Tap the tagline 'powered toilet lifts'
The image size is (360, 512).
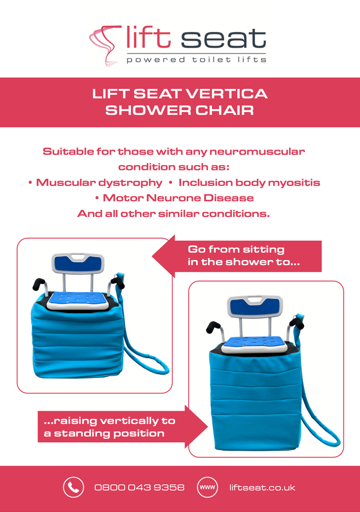[x=196, y=60]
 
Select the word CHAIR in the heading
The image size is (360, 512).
[x=224, y=110]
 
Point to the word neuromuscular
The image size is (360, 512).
[x=257, y=152]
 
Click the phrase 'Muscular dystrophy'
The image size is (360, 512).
[x=99, y=183]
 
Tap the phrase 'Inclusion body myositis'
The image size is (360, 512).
[x=249, y=183]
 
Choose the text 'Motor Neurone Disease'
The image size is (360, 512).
[x=178, y=198]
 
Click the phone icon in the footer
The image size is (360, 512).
[x=74, y=487]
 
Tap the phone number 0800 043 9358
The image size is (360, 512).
[x=139, y=487]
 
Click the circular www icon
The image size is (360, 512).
[x=207, y=487]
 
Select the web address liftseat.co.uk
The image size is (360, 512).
[x=262, y=487]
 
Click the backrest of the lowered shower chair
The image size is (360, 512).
[x=78, y=264]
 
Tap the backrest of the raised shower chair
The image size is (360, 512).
[x=255, y=306]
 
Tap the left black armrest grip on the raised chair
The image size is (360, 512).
[x=213, y=326]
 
